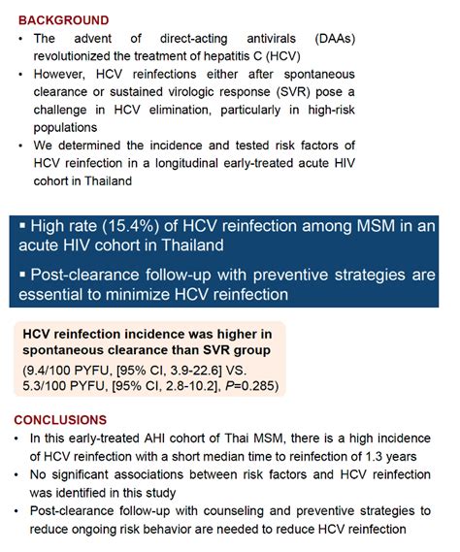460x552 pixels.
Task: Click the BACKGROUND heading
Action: [63, 19]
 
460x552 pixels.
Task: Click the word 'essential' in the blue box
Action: [64, 292]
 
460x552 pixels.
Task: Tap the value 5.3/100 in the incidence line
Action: [51, 387]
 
